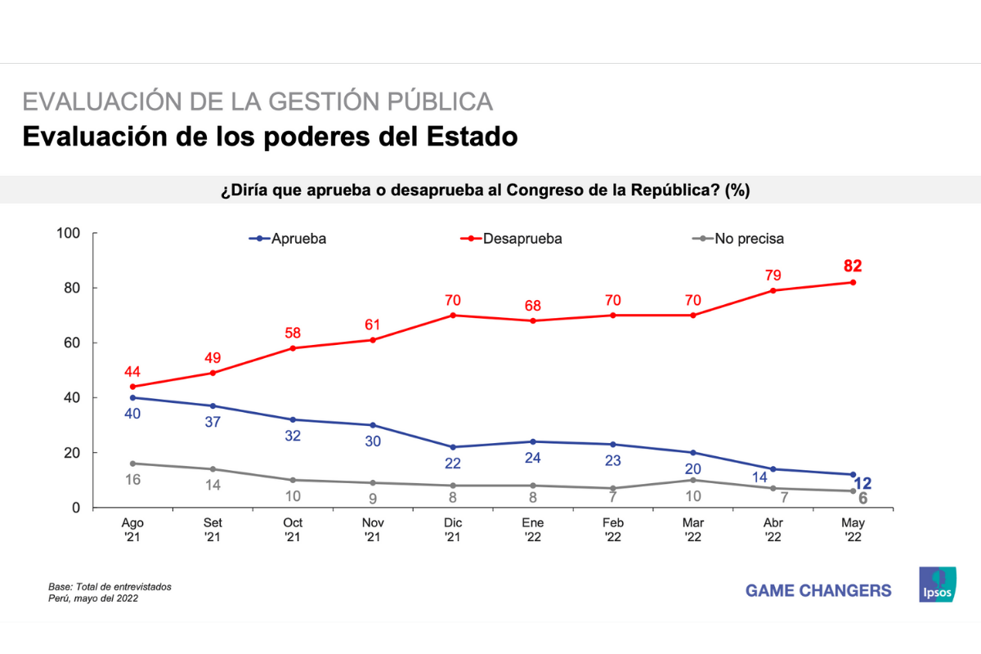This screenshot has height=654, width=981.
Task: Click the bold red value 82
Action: tap(853, 266)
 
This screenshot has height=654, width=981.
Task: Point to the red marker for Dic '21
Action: tap(452, 315)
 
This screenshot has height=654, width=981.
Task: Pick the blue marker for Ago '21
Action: tap(132, 397)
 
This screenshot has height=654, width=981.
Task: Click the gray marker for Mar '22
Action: tap(692, 480)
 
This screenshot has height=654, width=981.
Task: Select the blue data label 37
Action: tap(213, 422)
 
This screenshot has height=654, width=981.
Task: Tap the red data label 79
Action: tap(773, 274)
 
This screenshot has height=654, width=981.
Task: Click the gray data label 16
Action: tap(132, 480)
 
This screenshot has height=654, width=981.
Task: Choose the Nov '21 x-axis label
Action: tap(373, 529)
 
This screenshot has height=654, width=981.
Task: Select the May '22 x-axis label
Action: tap(853, 529)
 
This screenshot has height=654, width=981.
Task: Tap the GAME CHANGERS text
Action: tap(818, 590)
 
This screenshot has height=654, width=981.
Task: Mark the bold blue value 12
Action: tap(862, 484)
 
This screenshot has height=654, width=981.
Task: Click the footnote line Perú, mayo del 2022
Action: tap(92, 598)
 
